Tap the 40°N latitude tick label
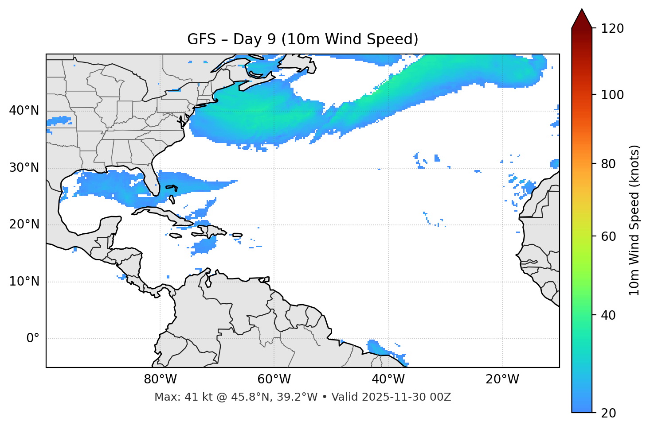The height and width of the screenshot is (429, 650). pyautogui.click(x=24, y=111)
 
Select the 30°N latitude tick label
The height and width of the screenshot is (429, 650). pyautogui.click(x=24, y=168)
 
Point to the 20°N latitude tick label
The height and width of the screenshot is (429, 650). pyautogui.click(x=24, y=224)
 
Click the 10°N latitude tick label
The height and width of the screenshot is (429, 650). pyautogui.click(x=24, y=282)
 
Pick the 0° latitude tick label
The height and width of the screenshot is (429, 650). pyautogui.click(x=33, y=339)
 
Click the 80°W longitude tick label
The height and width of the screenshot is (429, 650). pyautogui.click(x=160, y=379)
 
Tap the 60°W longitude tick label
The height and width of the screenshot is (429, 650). pyautogui.click(x=274, y=379)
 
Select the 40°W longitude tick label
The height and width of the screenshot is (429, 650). pyautogui.click(x=388, y=379)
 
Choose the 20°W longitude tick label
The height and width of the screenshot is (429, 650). pyautogui.click(x=502, y=379)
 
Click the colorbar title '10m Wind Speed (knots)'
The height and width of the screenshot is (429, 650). pyautogui.click(x=634, y=220)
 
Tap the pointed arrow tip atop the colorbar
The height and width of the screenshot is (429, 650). pyautogui.click(x=582, y=11)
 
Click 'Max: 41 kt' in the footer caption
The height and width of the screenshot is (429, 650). pyautogui.click(x=176, y=397)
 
